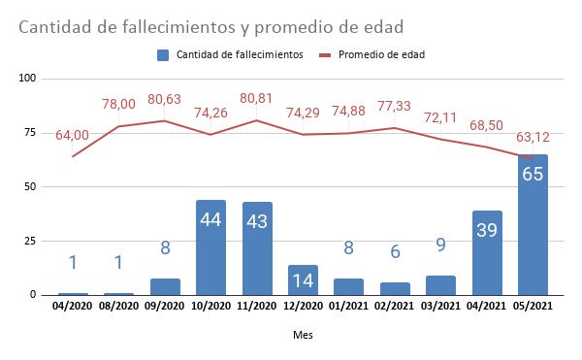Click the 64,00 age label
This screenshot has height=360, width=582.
tap(73, 135)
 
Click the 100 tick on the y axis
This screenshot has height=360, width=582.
tap(27, 78)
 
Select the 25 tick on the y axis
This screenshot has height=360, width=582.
tap(30, 241)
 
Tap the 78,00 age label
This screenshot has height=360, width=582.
tap(119, 105)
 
